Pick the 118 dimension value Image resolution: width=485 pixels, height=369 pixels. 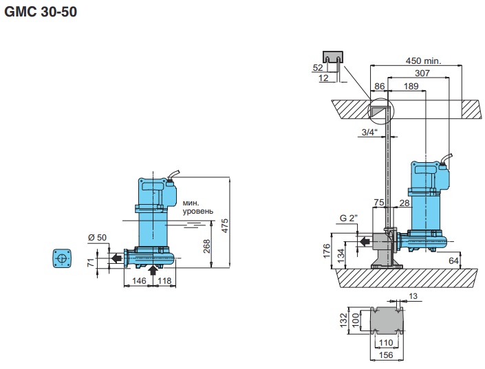click(165, 280)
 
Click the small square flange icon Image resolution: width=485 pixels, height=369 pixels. click(62, 258)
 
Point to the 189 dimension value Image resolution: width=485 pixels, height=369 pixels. click(411, 86)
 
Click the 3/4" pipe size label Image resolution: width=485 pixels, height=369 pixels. click(369, 133)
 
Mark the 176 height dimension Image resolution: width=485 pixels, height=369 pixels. click(326, 249)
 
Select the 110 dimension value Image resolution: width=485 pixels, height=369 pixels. click(386, 342)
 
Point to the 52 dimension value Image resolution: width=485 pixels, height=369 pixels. click(318, 67)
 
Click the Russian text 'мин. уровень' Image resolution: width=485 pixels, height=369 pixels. click(198, 207)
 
